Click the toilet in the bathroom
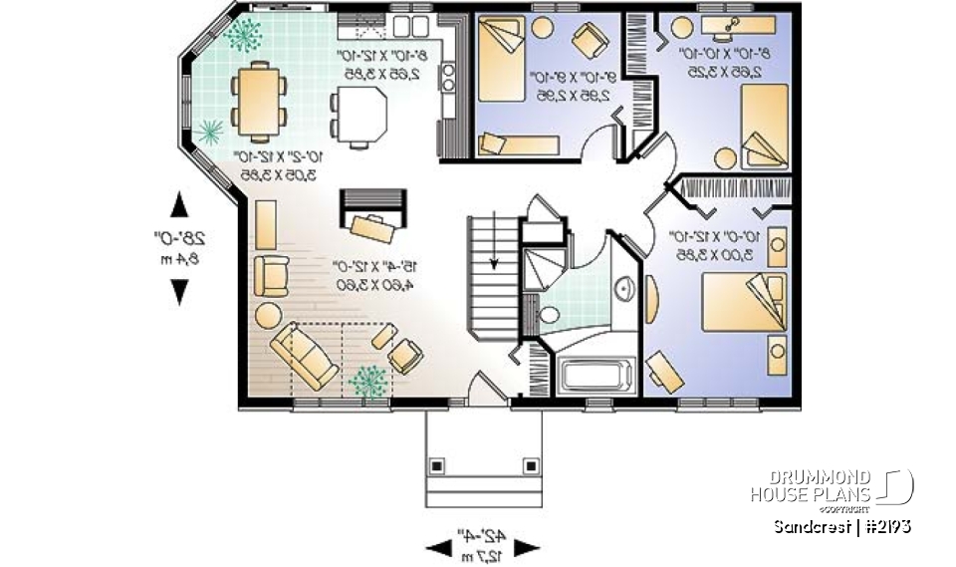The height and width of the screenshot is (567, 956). point(549,317)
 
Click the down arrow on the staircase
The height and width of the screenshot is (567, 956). point(494,261)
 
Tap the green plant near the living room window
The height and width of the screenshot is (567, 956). point(368,381)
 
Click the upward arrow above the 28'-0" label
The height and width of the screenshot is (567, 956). point(179,205)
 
